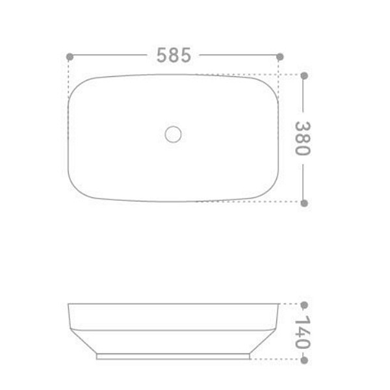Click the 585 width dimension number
coord(174,55)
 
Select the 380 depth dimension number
coord(303,138)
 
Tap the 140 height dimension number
coord(303,331)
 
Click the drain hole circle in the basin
coord(173,135)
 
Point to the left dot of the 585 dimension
coord(70,57)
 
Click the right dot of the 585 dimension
coord(279,57)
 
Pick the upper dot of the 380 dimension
coord(304,75)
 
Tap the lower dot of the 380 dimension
coord(304,203)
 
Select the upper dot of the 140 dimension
coord(304,305)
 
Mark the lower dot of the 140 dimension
coord(304,360)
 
